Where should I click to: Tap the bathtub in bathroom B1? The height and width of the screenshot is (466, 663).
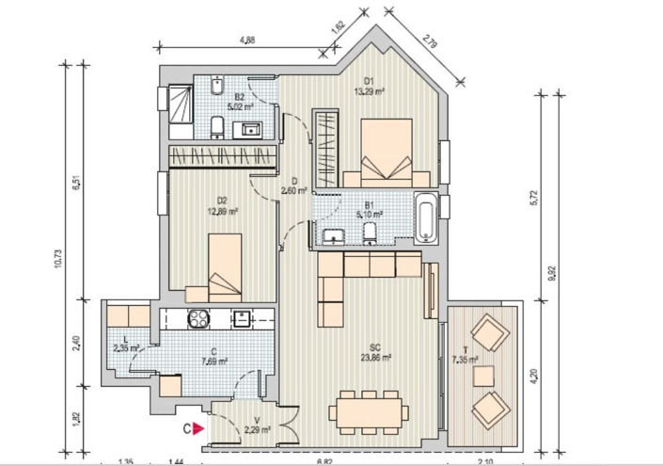[426, 216]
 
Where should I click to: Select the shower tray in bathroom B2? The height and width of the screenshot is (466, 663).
[179, 102]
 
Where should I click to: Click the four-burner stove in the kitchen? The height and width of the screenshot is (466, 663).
[199, 318]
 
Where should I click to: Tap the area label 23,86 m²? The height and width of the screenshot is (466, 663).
[374, 358]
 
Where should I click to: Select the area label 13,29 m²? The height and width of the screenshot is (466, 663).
[369, 92]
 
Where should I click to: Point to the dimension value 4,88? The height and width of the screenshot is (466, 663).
[248, 40]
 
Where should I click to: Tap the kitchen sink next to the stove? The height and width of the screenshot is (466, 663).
[242, 317]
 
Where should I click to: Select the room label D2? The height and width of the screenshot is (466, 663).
[222, 200]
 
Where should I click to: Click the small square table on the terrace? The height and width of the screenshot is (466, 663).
[483, 376]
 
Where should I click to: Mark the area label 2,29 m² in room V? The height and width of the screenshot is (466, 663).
[257, 430]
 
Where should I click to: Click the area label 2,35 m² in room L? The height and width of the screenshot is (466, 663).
[125, 347]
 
